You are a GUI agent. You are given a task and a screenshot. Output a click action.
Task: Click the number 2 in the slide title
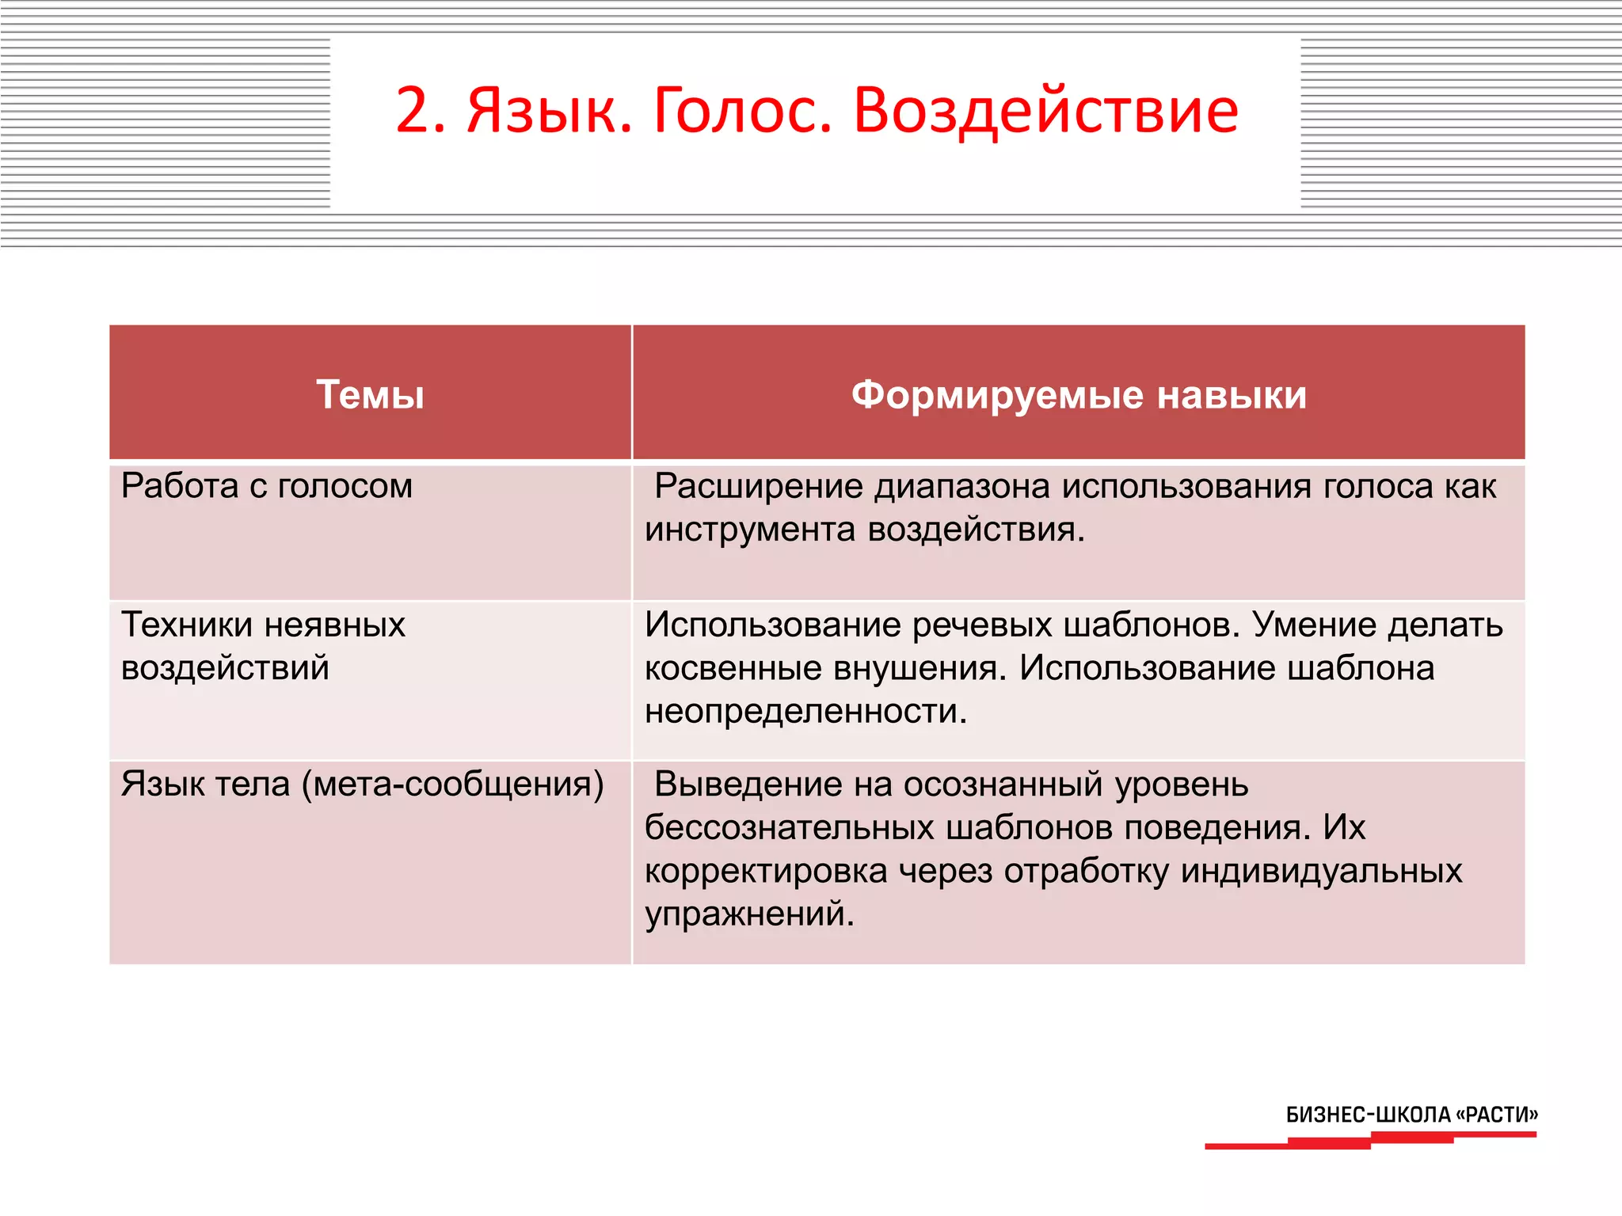point(413,111)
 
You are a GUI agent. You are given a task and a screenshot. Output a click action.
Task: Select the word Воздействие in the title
point(1045,111)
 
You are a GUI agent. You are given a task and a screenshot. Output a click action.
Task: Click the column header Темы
point(370,394)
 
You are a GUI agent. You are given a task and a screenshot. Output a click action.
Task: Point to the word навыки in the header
point(1231,394)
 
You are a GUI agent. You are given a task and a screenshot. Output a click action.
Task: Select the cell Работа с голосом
point(267,486)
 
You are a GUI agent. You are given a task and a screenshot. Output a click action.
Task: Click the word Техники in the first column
point(187,625)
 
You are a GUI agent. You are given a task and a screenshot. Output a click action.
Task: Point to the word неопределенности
point(805,711)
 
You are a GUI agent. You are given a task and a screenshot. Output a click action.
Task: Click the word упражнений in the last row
point(749,914)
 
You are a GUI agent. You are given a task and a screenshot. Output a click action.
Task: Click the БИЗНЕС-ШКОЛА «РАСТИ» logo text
point(1411,1115)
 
